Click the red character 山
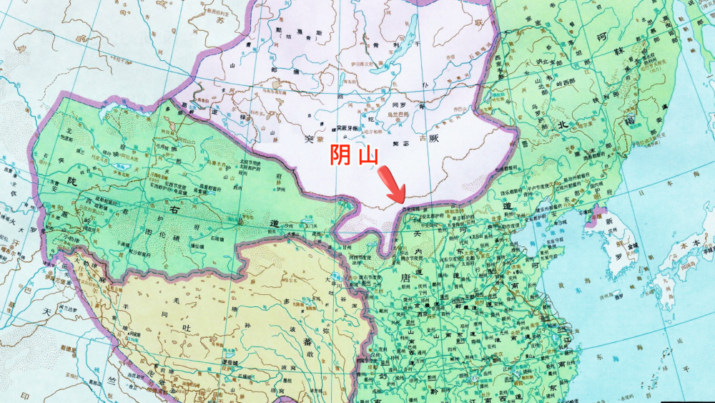click(x=368, y=157)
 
